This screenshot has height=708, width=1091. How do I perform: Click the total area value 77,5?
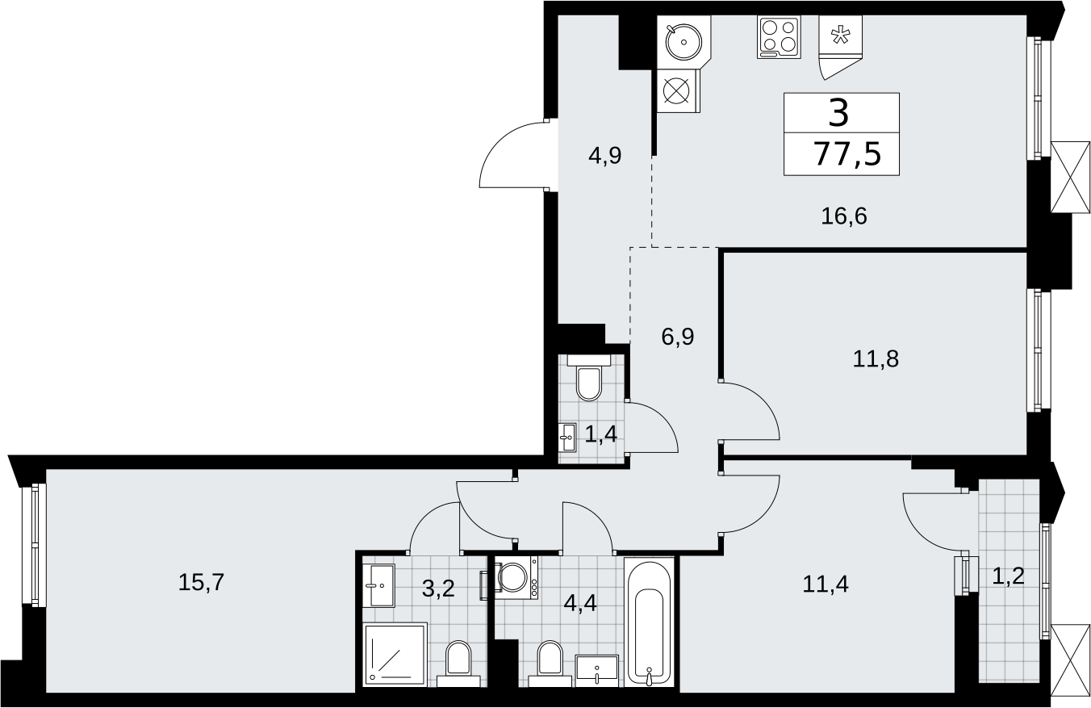click(x=848, y=155)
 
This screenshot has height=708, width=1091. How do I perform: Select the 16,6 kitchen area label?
click(x=844, y=216)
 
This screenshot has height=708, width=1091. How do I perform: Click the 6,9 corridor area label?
click(x=678, y=337)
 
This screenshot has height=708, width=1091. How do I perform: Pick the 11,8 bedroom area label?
click(x=876, y=359)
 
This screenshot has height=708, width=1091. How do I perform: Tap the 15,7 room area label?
click(x=201, y=582)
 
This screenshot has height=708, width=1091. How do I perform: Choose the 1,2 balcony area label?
click(x=1009, y=576)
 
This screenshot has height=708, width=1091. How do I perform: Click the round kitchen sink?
click(x=683, y=42)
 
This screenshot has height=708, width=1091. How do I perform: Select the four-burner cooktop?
click(x=779, y=37)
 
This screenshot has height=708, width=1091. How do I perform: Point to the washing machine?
click(x=516, y=577)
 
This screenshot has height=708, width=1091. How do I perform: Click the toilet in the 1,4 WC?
click(x=588, y=378)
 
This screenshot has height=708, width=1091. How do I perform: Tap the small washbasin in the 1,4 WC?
click(x=567, y=438)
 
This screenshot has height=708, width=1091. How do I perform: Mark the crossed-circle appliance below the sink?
click(x=677, y=91)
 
